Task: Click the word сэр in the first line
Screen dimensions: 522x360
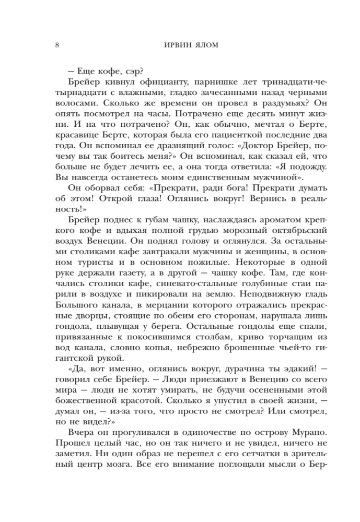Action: [x=126, y=70]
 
